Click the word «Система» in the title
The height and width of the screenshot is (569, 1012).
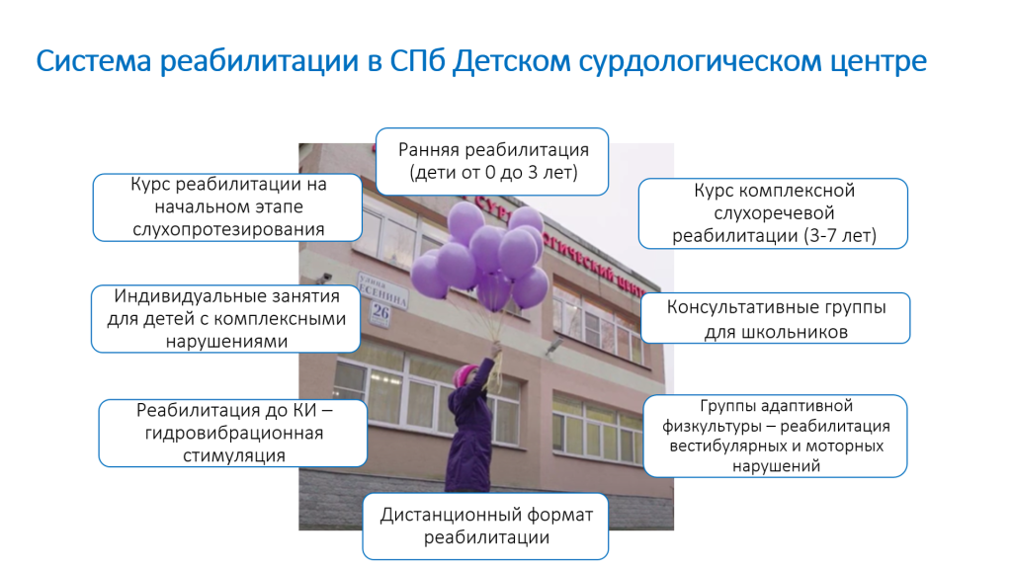(x=94, y=61)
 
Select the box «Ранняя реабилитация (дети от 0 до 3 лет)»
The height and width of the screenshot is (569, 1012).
(x=492, y=161)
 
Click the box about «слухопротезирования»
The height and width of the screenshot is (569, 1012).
(x=228, y=207)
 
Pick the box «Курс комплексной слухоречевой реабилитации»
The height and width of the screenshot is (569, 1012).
(x=773, y=213)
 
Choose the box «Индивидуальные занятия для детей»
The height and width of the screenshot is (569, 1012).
(x=226, y=319)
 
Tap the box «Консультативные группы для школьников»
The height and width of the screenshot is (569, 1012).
(x=776, y=318)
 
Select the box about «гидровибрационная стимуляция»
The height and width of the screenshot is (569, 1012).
(x=233, y=433)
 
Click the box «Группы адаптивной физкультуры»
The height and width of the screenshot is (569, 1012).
(x=776, y=436)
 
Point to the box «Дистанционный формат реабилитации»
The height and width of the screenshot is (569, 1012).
(x=486, y=527)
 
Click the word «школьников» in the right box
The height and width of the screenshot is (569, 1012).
(x=776, y=332)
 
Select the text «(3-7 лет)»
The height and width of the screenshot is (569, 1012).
(x=840, y=236)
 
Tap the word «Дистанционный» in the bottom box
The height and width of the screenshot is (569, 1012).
(x=451, y=515)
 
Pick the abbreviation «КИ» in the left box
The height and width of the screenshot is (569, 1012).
(x=304, y=410)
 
